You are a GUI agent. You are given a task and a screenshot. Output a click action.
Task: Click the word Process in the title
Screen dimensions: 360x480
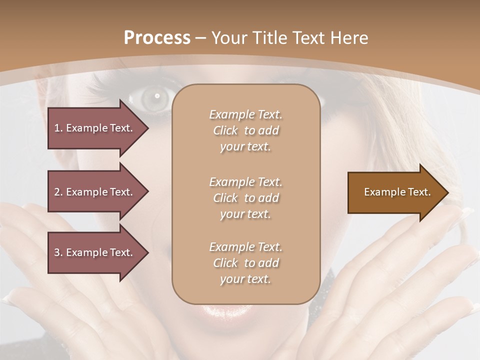157,38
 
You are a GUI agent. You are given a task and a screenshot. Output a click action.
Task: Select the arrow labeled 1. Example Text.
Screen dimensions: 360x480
95,128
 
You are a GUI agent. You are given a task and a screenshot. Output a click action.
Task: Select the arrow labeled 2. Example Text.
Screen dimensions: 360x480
95,192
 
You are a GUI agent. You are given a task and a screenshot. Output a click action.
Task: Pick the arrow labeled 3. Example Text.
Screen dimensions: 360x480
95,252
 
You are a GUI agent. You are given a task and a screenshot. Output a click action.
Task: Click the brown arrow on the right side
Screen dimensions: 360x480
395,192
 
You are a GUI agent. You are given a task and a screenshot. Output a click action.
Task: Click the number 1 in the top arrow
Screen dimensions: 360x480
57,128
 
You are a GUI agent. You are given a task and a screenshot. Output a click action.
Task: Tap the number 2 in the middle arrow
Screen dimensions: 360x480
57,192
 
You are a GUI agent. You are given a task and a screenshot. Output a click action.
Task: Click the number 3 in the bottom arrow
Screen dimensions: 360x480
57,252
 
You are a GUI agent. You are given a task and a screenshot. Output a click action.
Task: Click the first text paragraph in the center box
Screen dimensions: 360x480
245,130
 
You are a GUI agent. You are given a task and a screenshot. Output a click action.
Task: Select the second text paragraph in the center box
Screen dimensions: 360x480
245,197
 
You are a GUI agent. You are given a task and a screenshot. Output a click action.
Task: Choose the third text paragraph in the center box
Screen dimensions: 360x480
245,263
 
